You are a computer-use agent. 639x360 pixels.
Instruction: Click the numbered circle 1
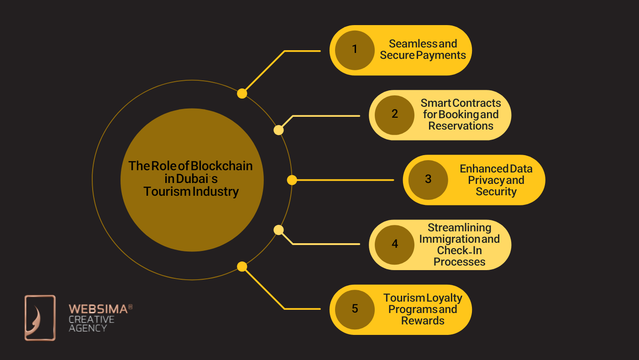coord(355,50)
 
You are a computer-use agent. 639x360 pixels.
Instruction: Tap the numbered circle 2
coord(394,115)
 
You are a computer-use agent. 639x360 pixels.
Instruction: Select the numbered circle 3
coord(428,179)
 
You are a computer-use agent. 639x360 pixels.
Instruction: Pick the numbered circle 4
coord(394,245)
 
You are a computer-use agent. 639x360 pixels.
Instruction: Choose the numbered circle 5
coord(355,309)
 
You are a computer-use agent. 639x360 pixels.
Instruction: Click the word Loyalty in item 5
coord(444,298)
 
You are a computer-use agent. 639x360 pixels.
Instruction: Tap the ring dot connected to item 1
coord(242,94)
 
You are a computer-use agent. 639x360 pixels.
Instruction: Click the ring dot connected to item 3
coord(292,180)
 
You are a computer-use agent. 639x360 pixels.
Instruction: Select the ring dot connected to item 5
coord(242,266)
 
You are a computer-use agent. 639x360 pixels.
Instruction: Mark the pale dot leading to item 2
coord(278,130)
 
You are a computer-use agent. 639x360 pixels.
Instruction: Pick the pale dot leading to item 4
coord(278,230)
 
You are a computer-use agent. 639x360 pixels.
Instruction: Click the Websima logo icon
coord(40,318)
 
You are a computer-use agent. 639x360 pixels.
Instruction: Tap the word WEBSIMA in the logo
coord(98,309)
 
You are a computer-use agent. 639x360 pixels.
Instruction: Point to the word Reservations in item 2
coord(461,126)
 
